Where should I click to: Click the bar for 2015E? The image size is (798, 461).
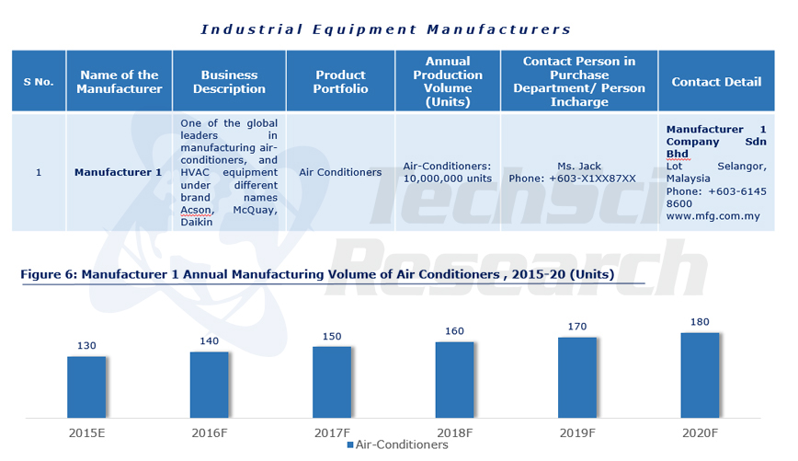pos(86,386)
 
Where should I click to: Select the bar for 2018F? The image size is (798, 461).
pos(454,379)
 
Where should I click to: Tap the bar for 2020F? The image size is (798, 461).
pos(700,375)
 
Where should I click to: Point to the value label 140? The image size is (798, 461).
pos(210,340)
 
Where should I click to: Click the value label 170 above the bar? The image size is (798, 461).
pos(577,326)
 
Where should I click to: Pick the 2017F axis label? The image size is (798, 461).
pos(332,431)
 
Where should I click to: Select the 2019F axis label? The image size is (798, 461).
pos(577,431)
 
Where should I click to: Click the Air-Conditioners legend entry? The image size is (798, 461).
pos(397,445)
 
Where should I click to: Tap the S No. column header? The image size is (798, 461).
pos(38,82)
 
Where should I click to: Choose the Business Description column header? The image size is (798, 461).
pos(229,82)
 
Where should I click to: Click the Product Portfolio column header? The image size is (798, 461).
pos(340,82)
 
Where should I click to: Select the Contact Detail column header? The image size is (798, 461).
pos(716,82)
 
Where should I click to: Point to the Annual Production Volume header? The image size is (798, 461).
pos(448,82)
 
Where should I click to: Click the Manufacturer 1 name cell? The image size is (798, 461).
pos(118,172)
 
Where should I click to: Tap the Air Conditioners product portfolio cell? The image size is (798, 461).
pos(340,172)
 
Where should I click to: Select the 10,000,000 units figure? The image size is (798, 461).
pos(448,179)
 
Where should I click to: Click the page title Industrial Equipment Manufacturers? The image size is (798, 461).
pos(386,29)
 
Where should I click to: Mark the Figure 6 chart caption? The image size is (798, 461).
pos(317,274)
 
